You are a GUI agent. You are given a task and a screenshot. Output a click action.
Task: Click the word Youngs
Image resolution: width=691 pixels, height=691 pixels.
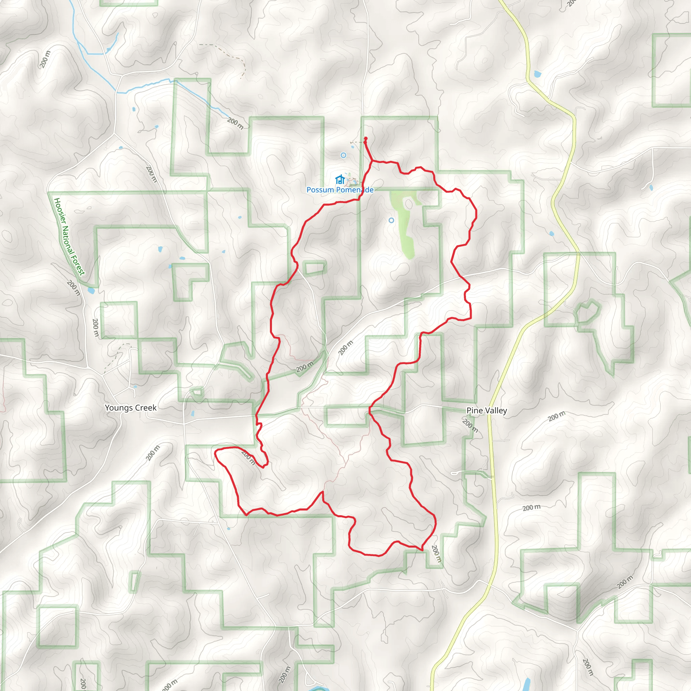117,408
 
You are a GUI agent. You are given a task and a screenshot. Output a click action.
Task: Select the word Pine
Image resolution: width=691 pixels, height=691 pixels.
474,411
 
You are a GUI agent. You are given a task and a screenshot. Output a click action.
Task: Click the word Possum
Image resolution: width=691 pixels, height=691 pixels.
320,190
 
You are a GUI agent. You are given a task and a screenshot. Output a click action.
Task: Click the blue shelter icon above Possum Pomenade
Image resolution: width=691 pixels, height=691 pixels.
339,179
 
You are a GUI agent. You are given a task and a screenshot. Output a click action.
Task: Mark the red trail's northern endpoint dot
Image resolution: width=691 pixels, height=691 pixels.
365,139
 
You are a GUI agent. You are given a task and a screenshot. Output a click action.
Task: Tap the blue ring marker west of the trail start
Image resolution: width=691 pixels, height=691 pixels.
343,155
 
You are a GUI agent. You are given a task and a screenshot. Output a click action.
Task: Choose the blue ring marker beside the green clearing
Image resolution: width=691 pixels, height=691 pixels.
391,220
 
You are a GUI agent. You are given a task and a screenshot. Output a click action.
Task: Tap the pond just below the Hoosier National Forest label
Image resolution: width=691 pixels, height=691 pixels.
91,290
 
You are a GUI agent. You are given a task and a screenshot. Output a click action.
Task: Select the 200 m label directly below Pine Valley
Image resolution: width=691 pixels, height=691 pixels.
470,425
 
